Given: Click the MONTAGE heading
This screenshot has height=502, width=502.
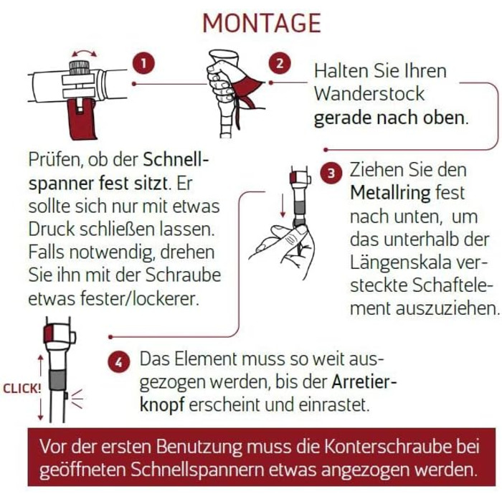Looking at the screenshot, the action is pyautogui.click(x=262, y=23).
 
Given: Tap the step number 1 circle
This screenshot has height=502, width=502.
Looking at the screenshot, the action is pyautogui.click(x=143, y=63).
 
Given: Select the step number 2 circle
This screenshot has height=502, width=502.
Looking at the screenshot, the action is pyautogui.click(x=280, y=63).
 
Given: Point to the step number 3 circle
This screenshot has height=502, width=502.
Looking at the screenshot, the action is pyautogui.click(x=331, y=174).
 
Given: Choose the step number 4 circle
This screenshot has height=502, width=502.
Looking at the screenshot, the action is pyautogui.click(x=119, y=363).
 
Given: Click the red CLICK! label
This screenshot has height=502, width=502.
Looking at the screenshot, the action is pyautogui.click(x=22, y=389).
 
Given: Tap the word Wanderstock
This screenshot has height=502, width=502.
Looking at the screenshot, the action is pyautogui.click(x=369, y=94).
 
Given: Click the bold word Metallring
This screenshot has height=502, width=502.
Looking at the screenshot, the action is pyautogui.click(x=390, y=193).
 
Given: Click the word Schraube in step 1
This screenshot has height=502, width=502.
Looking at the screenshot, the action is pyautogui.click(x=183, y=275).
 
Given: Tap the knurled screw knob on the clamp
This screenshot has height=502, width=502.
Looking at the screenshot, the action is pyautogui.click(x=79, y=67).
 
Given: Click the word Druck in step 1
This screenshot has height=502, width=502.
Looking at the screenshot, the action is pyautogui.click(x=51, y=229).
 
